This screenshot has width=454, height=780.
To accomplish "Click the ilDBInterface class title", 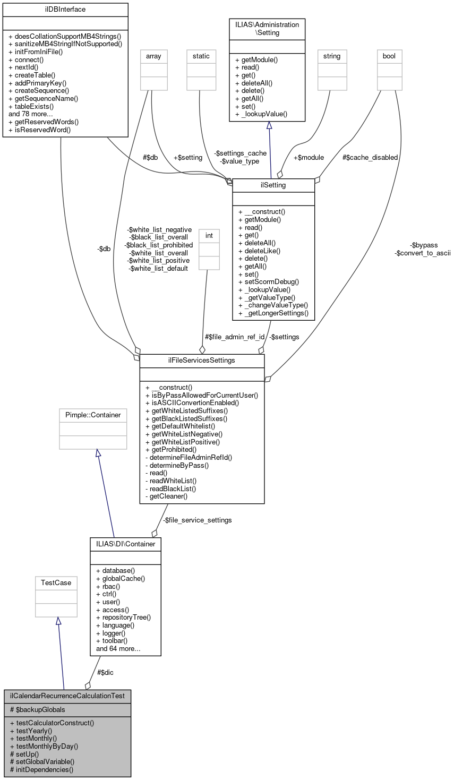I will (x=65, y=10).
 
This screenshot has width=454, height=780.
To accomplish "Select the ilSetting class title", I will (x=273, y=185).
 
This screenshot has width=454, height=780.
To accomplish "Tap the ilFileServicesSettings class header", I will (x=202, y=361).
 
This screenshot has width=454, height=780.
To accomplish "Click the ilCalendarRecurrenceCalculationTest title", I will (x=67, y=696).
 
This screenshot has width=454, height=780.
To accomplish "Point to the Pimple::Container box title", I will (x=93, y=415).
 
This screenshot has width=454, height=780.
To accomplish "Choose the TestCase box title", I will (x=56, y=582).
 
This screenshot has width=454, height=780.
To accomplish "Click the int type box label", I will (x=209, y=235).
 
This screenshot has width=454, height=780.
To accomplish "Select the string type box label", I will (x=332, y=56).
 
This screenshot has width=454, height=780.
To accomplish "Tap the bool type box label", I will (x=389, y=56).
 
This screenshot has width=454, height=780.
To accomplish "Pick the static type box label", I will (x=201, y=56).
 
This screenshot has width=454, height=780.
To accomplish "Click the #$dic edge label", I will (x=105, y=672).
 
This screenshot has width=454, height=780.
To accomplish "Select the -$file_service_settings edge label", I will (x=197, y=520).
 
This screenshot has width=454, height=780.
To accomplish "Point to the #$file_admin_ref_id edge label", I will (x=234, y=337).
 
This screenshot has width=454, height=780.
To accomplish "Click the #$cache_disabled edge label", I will (x=370, y=157).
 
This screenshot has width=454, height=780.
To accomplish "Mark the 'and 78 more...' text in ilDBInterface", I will (x=31, y=114).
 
